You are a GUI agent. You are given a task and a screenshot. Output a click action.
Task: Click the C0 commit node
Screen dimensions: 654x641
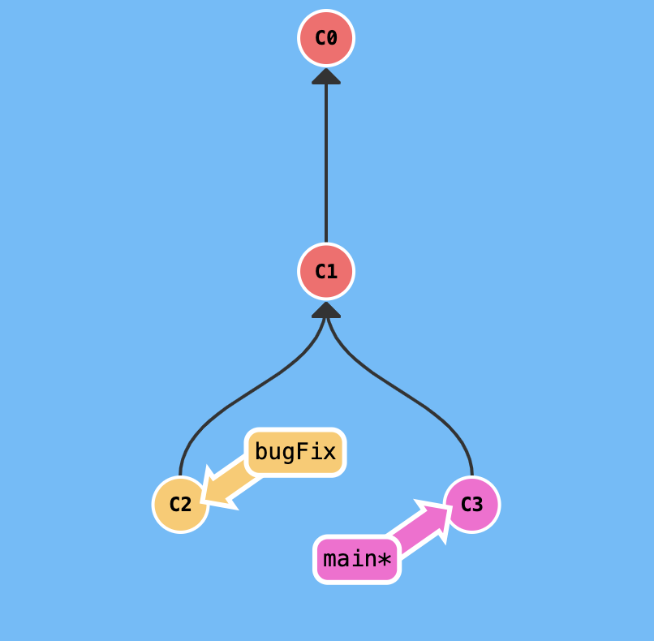click(x=326, y=38)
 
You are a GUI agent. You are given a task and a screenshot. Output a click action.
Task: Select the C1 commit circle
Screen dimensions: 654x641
click(x=326, y=271)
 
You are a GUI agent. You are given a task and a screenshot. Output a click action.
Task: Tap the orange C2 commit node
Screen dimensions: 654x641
click(x=180, y=504)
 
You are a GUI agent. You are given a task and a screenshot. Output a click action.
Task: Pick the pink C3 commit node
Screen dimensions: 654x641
click(x=471, y=504)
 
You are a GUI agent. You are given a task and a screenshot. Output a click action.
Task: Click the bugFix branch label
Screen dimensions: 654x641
click(x=295, y=452)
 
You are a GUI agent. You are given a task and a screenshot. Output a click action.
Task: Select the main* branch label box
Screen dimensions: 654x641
click(x=357, y=559)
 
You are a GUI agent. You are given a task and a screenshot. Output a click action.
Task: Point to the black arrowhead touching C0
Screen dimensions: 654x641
click(x=326, y=75)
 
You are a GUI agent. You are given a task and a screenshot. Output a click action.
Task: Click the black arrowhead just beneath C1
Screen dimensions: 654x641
click(x=326, y=309)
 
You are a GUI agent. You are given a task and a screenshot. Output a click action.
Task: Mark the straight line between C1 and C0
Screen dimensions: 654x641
click(x=326, y=162)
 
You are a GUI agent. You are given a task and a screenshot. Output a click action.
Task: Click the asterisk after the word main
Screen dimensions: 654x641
click(x=384, y=559)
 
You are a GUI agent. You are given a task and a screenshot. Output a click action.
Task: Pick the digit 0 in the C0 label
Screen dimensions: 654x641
click(x=331, y=38)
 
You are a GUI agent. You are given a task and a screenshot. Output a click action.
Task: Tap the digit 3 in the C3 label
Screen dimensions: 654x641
click(x=477, y=504)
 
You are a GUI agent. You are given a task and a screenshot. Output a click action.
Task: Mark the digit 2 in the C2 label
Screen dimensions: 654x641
click(x=186, y=504)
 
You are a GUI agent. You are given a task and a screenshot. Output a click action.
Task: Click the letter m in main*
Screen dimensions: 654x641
click(x=330, y=559)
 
